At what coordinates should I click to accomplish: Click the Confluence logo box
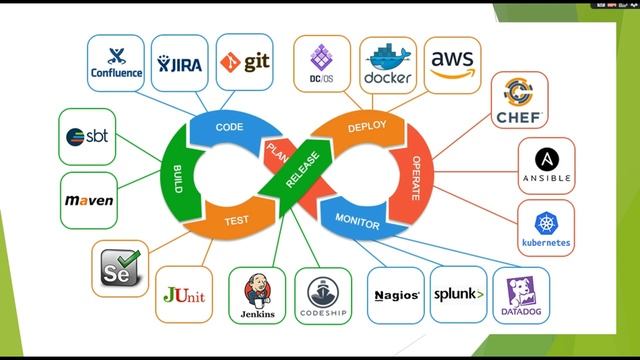point(116,63)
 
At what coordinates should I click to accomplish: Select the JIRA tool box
point(179,63)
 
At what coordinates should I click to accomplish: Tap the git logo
point(244,63)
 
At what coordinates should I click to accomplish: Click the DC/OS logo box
point(321,63)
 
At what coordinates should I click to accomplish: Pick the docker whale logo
point(388,61)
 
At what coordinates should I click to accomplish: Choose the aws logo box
point(452,63)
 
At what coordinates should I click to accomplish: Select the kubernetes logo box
point(546,228)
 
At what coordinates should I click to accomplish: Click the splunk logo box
point(458,295)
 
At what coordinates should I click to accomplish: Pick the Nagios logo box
point(396,295)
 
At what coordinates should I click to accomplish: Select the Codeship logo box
point(323,296)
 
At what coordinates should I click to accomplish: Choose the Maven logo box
point(90,200)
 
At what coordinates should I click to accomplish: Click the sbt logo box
point(88,137)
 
